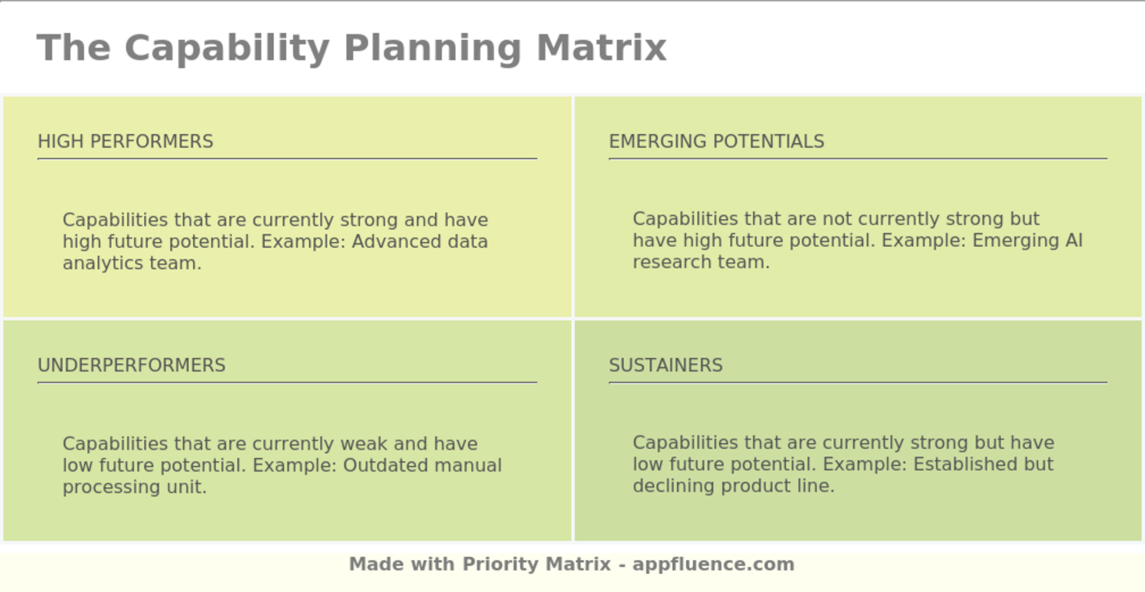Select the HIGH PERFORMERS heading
click(x=125, y=141)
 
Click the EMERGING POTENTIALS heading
click(x=716, y=141)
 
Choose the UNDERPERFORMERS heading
click(x=131, y=366)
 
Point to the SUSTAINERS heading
click(x=665, y=366)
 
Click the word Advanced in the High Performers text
click(x=396, y=242)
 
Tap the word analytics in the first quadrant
click(x=100, y=263)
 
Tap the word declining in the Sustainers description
click(x=665, y=486)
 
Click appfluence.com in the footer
click(x=712, y=564)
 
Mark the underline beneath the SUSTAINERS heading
click(x=857, y=382)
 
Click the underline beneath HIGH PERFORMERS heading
click(x=286, y=159)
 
